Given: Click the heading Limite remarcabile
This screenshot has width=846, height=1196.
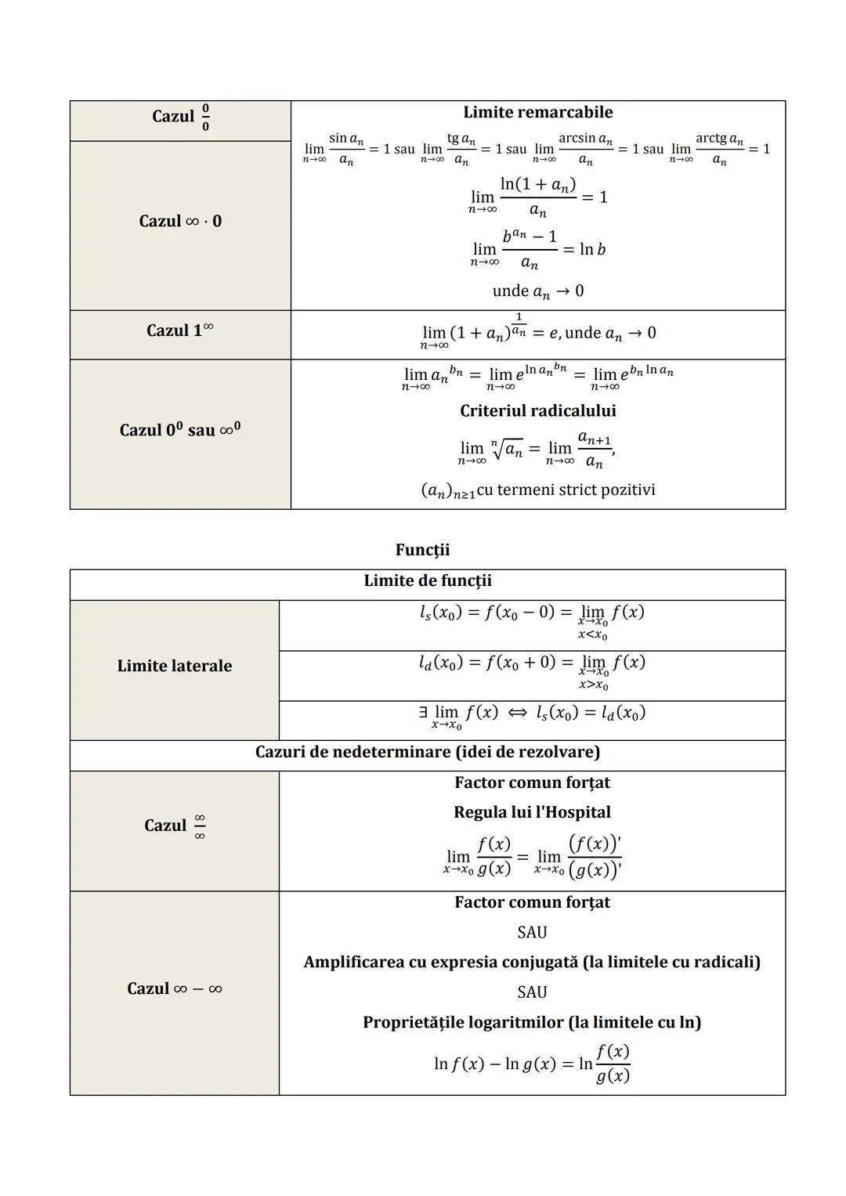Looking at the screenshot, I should pyautogui.click(x=537, y=113).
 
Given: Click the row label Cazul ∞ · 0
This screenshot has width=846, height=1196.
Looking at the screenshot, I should pyautogui.click(x=180, y=222).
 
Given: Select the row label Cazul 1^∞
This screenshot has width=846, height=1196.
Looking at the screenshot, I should pyautogui.click(x=180, y=331).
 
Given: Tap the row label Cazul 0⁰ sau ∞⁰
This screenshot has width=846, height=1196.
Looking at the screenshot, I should pyautogui.click(x=180, y=430).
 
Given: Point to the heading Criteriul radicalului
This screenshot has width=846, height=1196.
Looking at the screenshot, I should pyautogui.click(x=537, y=411).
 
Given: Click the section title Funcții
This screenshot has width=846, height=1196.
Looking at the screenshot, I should pyautogui.click(x=422, y=551).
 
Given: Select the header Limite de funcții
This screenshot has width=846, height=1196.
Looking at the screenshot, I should pyautogui.click(x=428, y=581).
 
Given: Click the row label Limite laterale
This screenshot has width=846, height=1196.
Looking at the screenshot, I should pyautogui.click(x=175, y=667).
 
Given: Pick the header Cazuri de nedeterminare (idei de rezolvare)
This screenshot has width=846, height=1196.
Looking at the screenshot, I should pyautogui.click(x=428, y=753).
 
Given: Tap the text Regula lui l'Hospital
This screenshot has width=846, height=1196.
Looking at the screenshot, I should pyautogui.click(x=532, y=813).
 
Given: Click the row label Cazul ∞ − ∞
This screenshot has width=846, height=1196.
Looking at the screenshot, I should pyautogui.click(x=175, y=989).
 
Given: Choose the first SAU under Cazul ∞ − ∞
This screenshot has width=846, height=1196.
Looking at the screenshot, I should pyautogui.click(x=532, y=933).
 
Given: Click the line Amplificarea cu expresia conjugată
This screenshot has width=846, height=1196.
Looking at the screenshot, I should pyautogui.click(x=532, y=963).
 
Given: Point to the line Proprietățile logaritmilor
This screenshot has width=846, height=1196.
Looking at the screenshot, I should pyautogui.click(x=532, y=1023).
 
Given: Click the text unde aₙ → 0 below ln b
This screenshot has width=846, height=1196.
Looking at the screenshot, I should pyautogui.click(x=537, y=291).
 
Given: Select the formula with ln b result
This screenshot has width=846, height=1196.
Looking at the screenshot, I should pyautogui.click(x=537, y=249).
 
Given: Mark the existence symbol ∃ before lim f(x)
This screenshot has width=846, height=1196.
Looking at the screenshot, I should pyautogui.click(x=423, y=713).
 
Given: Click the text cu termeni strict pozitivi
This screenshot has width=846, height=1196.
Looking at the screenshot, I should pyautogui.click(x=566, y=490).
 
